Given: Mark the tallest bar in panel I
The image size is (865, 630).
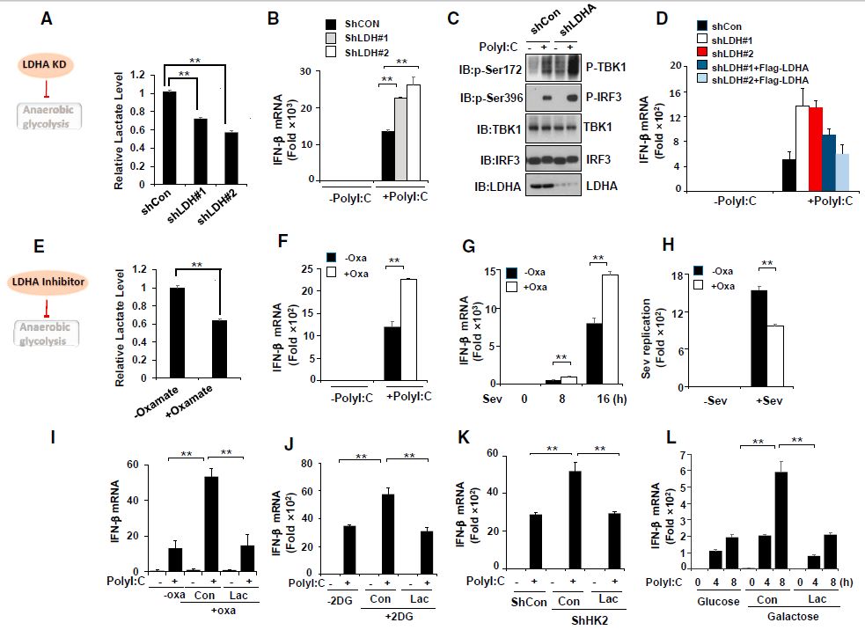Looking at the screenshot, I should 211,521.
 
